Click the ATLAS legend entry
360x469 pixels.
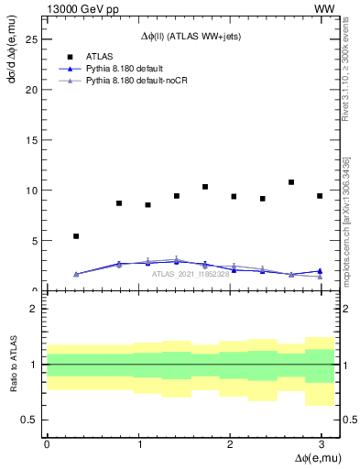101,57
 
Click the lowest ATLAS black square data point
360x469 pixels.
76,236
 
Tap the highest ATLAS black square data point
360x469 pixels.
291,182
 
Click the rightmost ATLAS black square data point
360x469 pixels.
320,196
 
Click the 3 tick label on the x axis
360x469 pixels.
322,444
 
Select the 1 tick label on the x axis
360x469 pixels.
138,444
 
